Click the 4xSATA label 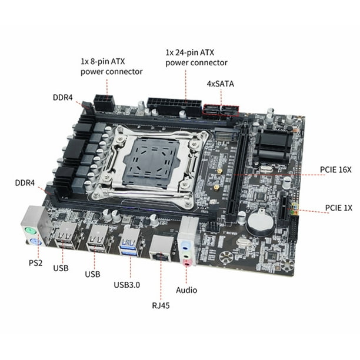click(x=220, y=84)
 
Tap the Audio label click(x=186, y=289)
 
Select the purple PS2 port click(x=35, y=243)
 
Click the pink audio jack click(x=187, y=263)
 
